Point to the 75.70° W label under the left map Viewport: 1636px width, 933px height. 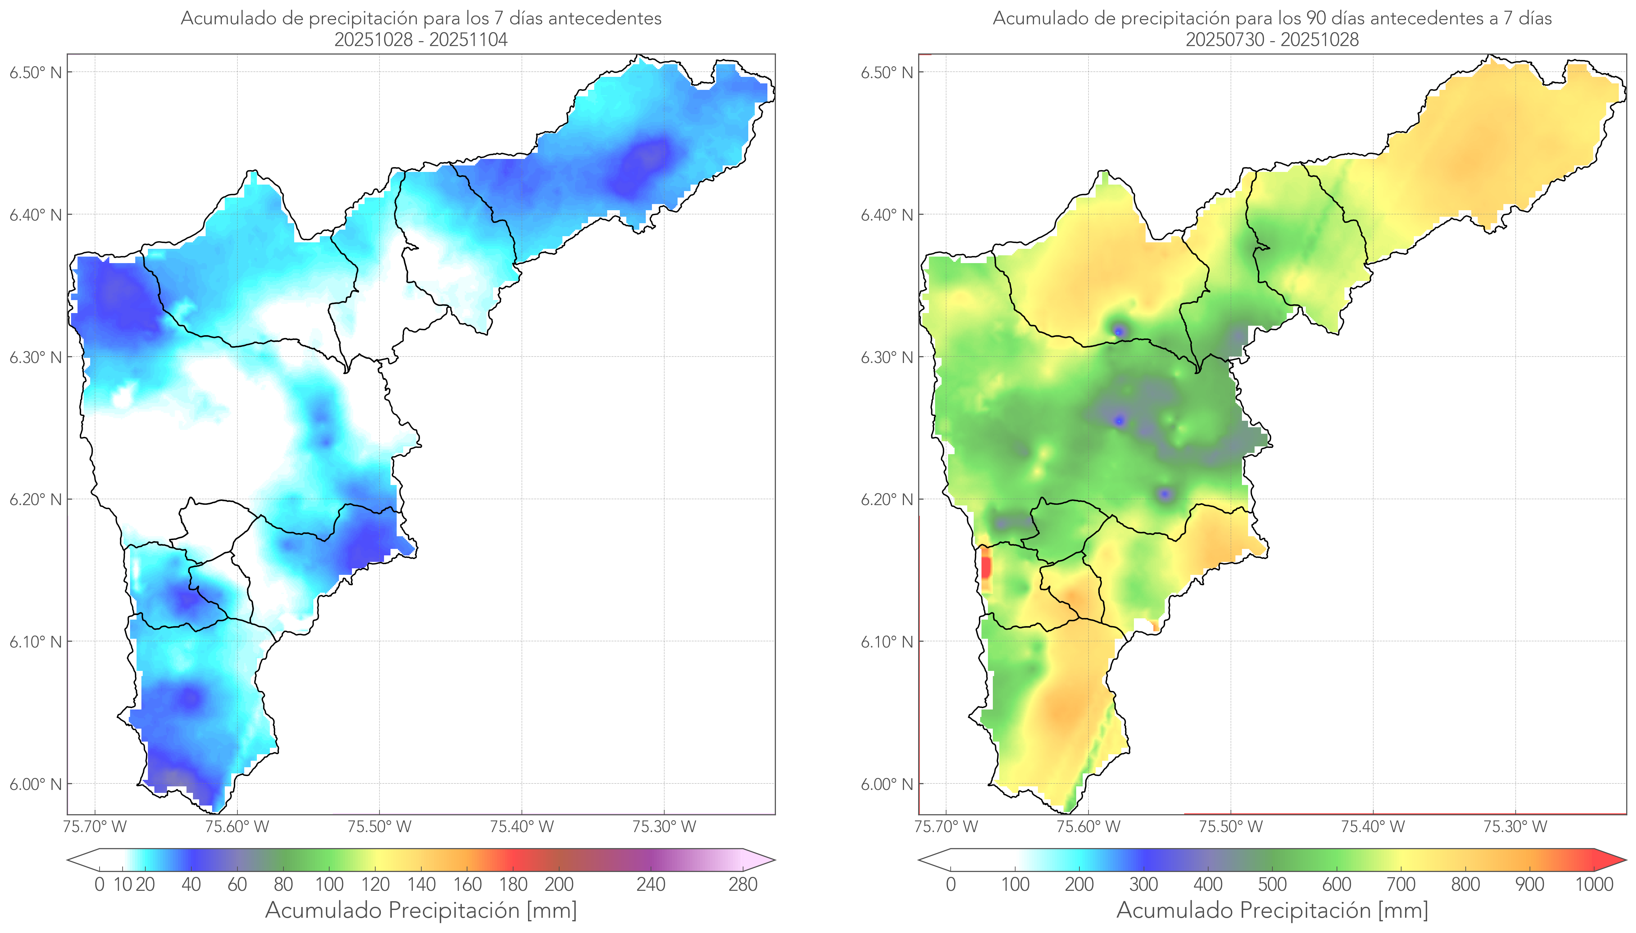coord(95,827)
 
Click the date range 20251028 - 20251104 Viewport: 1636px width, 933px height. coord(421,40)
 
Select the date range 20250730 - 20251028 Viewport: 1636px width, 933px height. coord(1272,40)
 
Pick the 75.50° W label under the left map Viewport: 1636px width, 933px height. coord(379,827)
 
